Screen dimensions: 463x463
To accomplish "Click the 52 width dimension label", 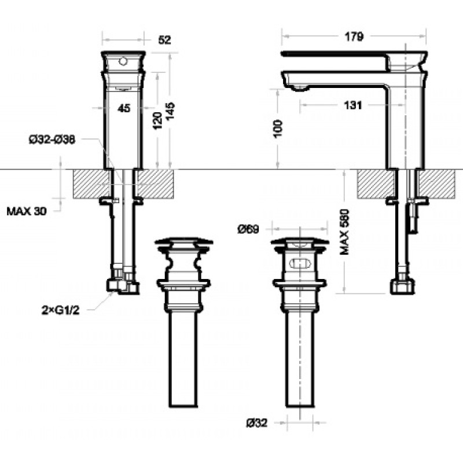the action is [x=164, y=40].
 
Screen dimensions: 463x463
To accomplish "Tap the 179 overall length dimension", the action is [x=354, y=36].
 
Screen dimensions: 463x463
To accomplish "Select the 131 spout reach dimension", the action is [x=353, y=105].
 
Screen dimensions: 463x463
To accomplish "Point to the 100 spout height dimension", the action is [x=278, y=128].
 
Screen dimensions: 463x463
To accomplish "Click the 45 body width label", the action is [x=124, y=108].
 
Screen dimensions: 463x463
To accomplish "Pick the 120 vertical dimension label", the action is [x=157, y=120].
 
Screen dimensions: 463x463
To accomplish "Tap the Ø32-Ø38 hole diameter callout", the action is [x=52, y=139].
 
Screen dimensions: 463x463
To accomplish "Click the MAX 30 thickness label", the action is [x=27, y=211].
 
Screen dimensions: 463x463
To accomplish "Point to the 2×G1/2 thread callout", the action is [x=61, y=310].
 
